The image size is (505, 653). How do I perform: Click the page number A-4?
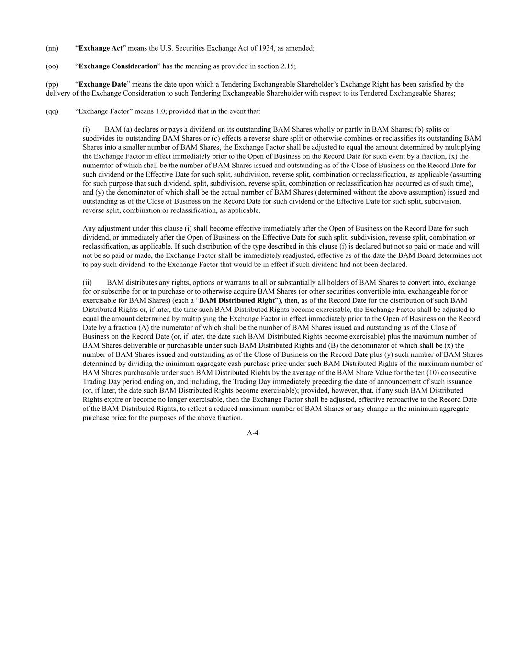253,433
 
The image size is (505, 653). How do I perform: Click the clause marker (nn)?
52,48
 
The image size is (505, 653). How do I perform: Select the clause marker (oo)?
52,66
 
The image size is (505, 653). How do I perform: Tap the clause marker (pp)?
52,85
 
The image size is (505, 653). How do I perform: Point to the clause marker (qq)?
52,111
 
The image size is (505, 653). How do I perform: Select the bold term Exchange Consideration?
118,66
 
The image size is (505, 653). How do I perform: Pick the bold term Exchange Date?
102,85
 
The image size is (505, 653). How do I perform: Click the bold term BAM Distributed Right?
237,300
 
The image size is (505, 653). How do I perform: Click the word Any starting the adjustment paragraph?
89,229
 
